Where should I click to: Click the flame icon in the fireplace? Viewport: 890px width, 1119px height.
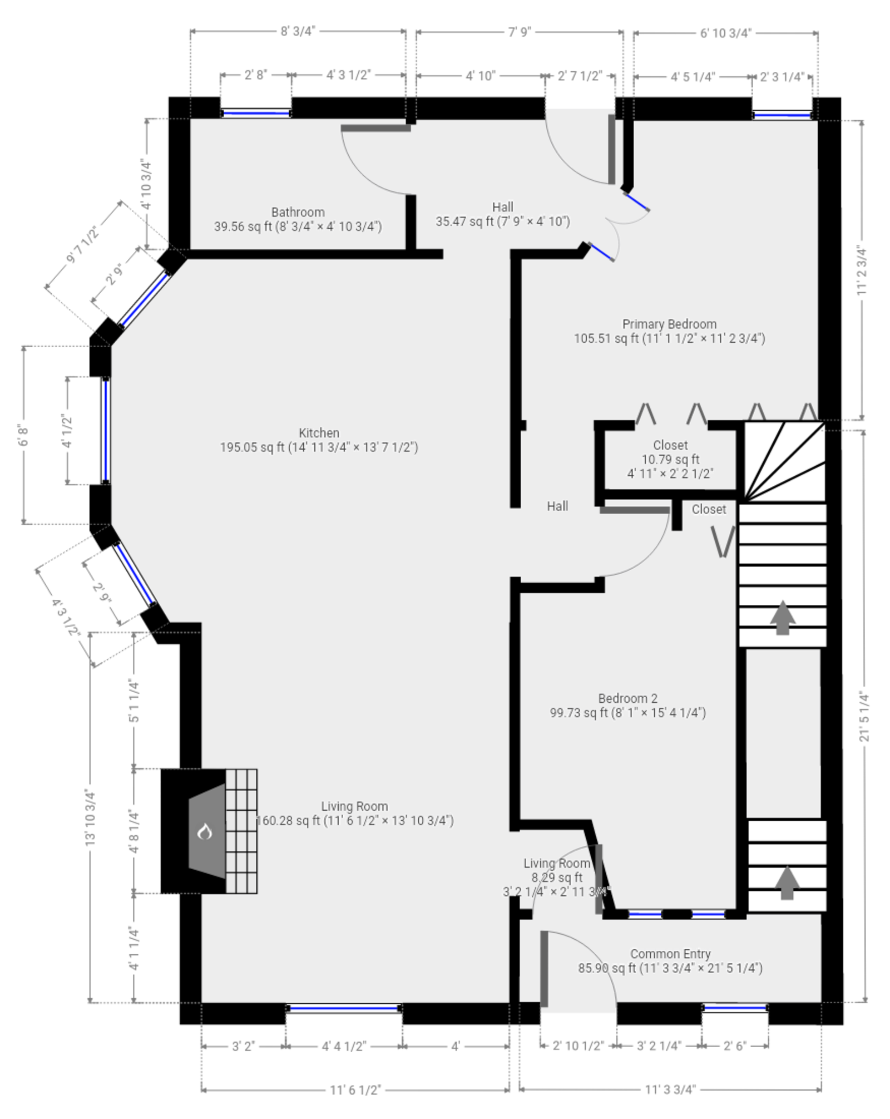coord(205,832)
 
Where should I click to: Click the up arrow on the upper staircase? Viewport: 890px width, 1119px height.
coord(783,617)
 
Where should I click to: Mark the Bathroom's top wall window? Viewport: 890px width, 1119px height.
coord(256,114)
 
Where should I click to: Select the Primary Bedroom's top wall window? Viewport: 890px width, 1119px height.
coord(782,115)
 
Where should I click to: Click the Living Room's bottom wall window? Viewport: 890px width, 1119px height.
coord(344,1008)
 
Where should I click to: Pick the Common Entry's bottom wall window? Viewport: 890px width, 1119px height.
coord(734,1007)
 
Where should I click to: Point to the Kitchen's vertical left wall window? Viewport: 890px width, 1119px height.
coord(106,430)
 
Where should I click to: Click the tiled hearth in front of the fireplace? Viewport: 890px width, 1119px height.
coord(241,831)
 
